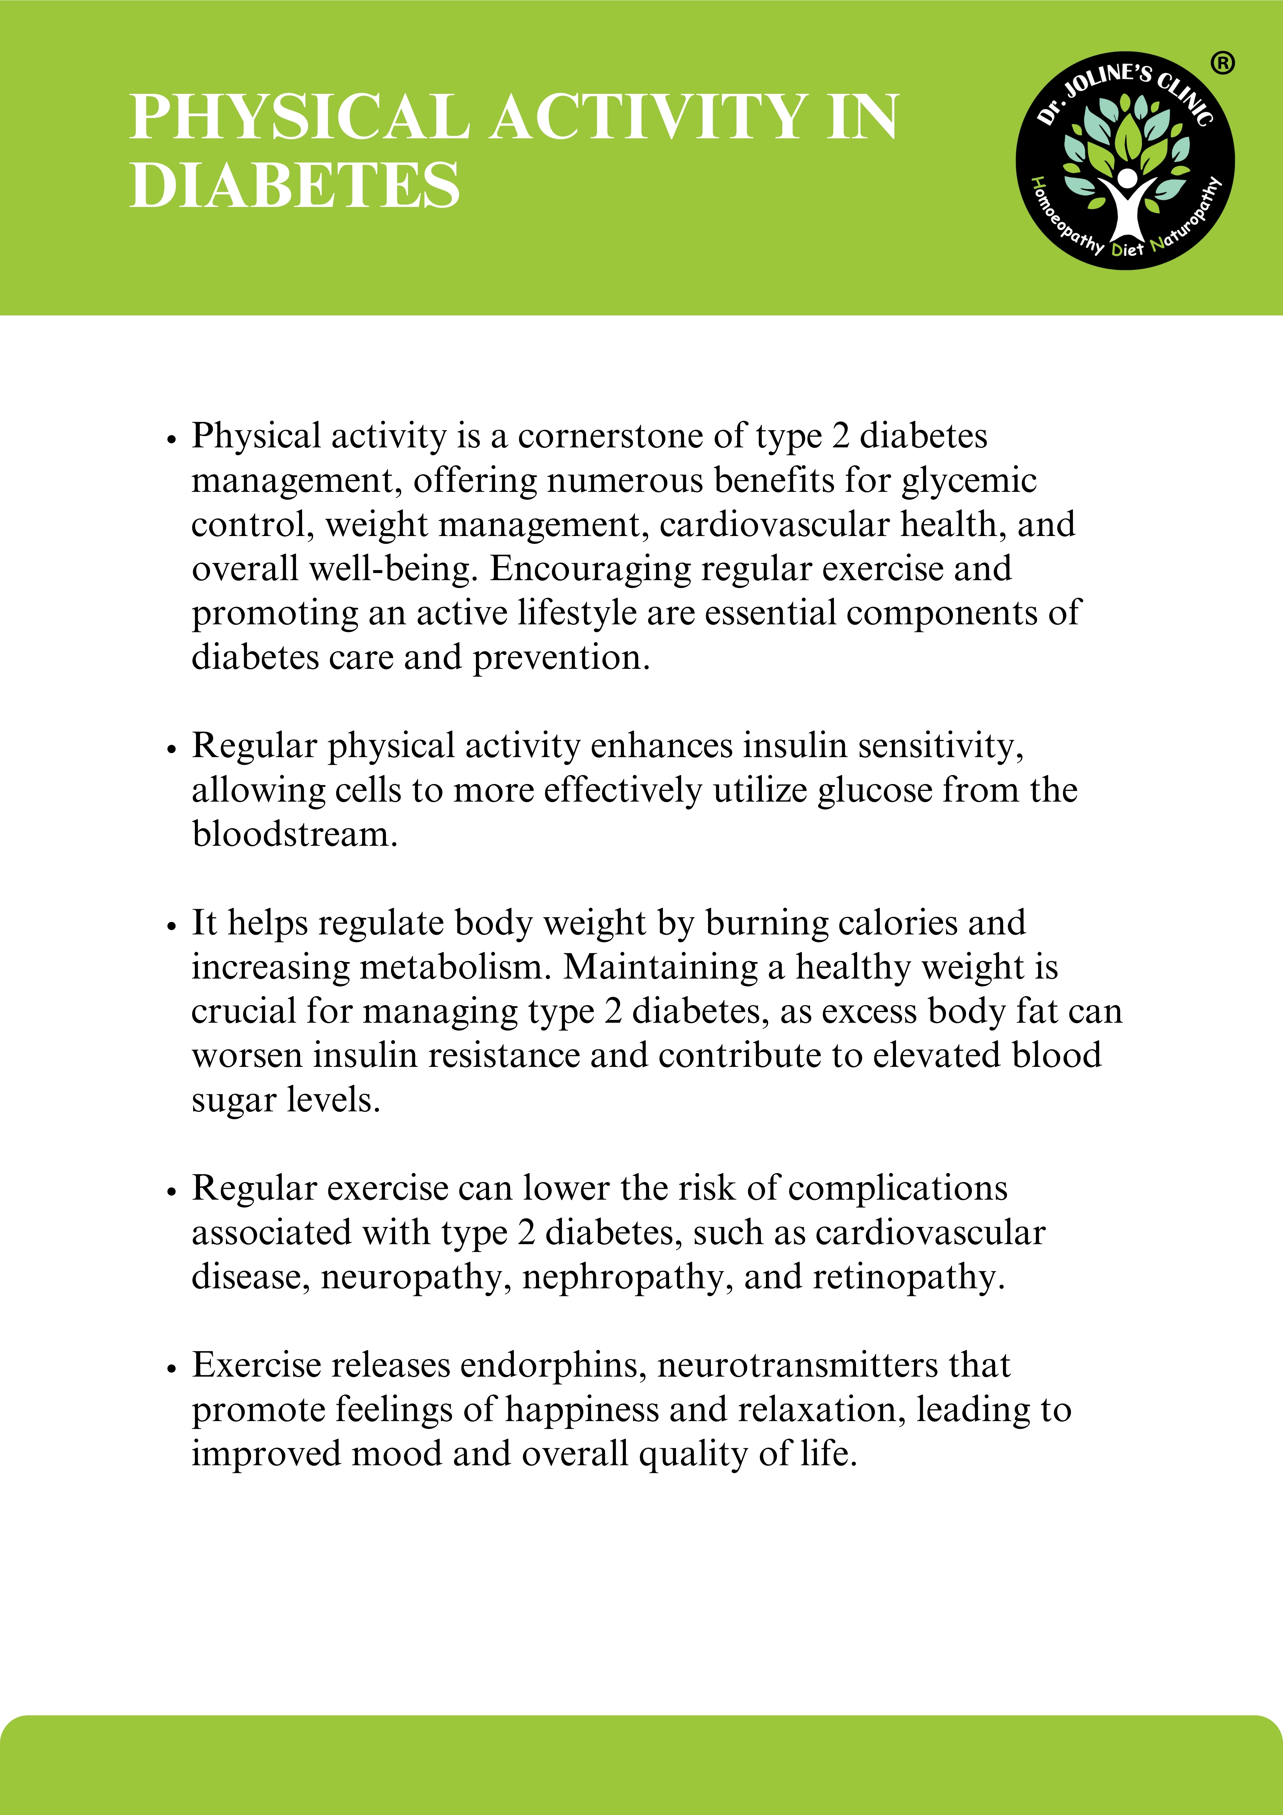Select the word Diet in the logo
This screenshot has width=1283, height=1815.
click(x=1127, y=249)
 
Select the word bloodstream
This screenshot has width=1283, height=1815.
click(x=294, y=835)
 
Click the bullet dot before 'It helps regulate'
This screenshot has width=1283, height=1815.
click(x=171, y=926)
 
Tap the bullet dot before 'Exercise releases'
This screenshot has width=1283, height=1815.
click(x=171, y=1369)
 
